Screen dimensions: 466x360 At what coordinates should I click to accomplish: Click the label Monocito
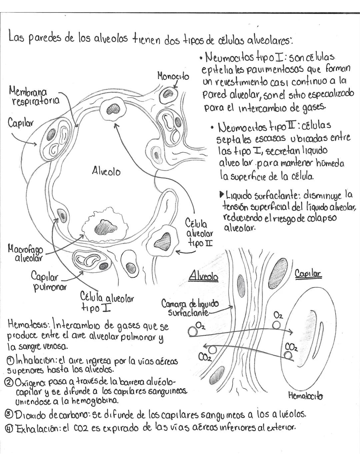173,76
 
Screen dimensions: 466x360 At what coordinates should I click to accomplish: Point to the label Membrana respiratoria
33,96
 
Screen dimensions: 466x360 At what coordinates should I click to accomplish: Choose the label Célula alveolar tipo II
199,232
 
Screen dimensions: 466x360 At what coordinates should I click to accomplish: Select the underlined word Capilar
308,274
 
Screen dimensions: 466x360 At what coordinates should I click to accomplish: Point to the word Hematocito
305,396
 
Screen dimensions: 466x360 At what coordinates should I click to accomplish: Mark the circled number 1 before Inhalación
10,361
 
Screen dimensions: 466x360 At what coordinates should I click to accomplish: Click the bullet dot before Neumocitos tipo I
201,58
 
